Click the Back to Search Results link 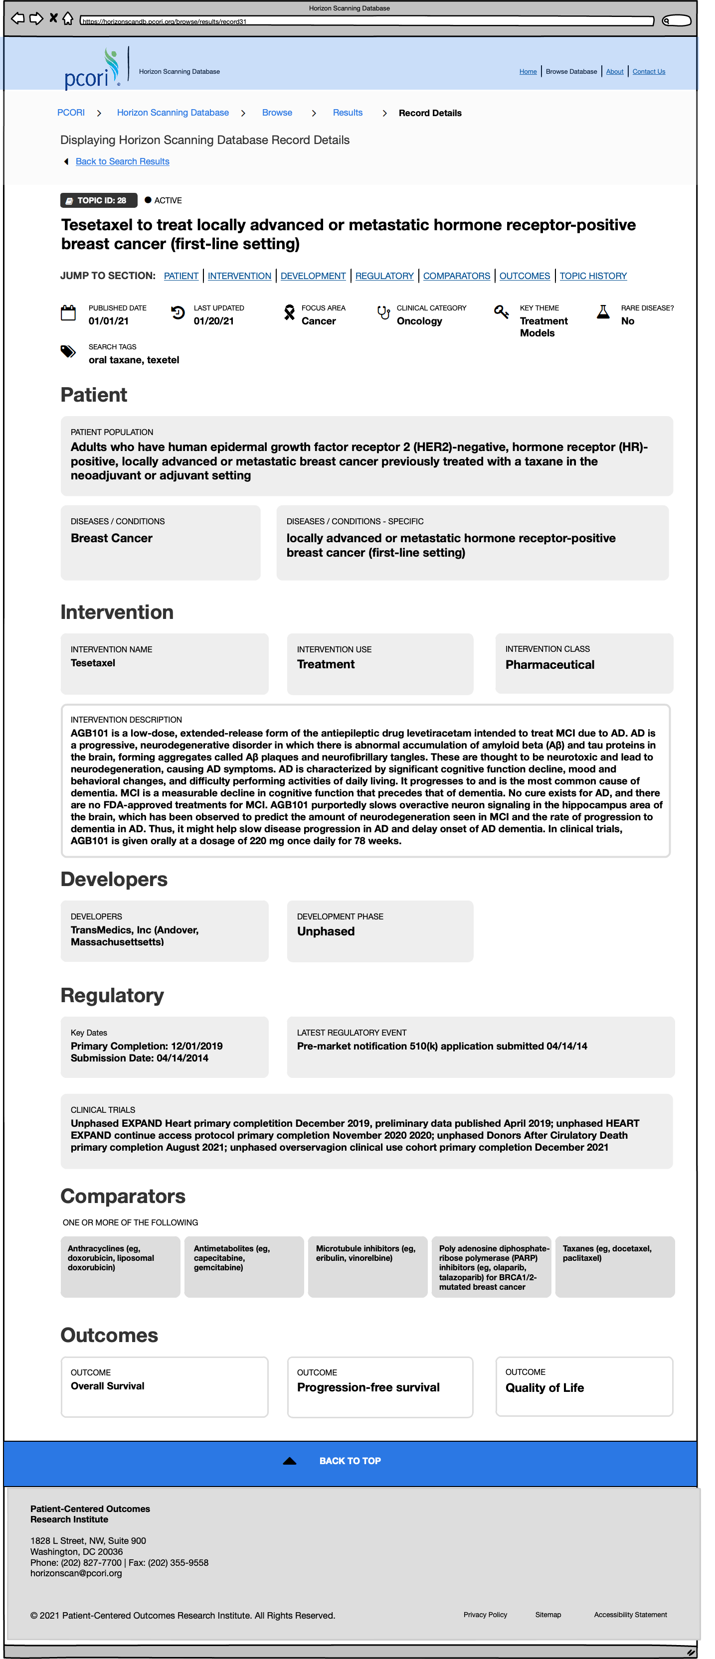[x=122, y=161]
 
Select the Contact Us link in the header [x=648, y=71]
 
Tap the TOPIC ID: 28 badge [x=99, y=200]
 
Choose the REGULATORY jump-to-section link [x=384, y=276]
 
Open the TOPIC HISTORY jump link [x=593, y=276]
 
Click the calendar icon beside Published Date [x=68, y=313]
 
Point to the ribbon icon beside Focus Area [x=290, y=313]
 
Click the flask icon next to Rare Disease [x=603, y=312]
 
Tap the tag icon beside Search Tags [x=68, y=352]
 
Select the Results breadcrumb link [x=347, y=113]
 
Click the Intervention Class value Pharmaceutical [x=549, y=665]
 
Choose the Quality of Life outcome [x=544, y=1388]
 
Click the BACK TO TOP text [x=350, y=1461]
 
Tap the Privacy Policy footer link [x=485, y=1615]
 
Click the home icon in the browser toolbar [x=68, y=18]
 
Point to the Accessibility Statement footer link [x=630, y=1615]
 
